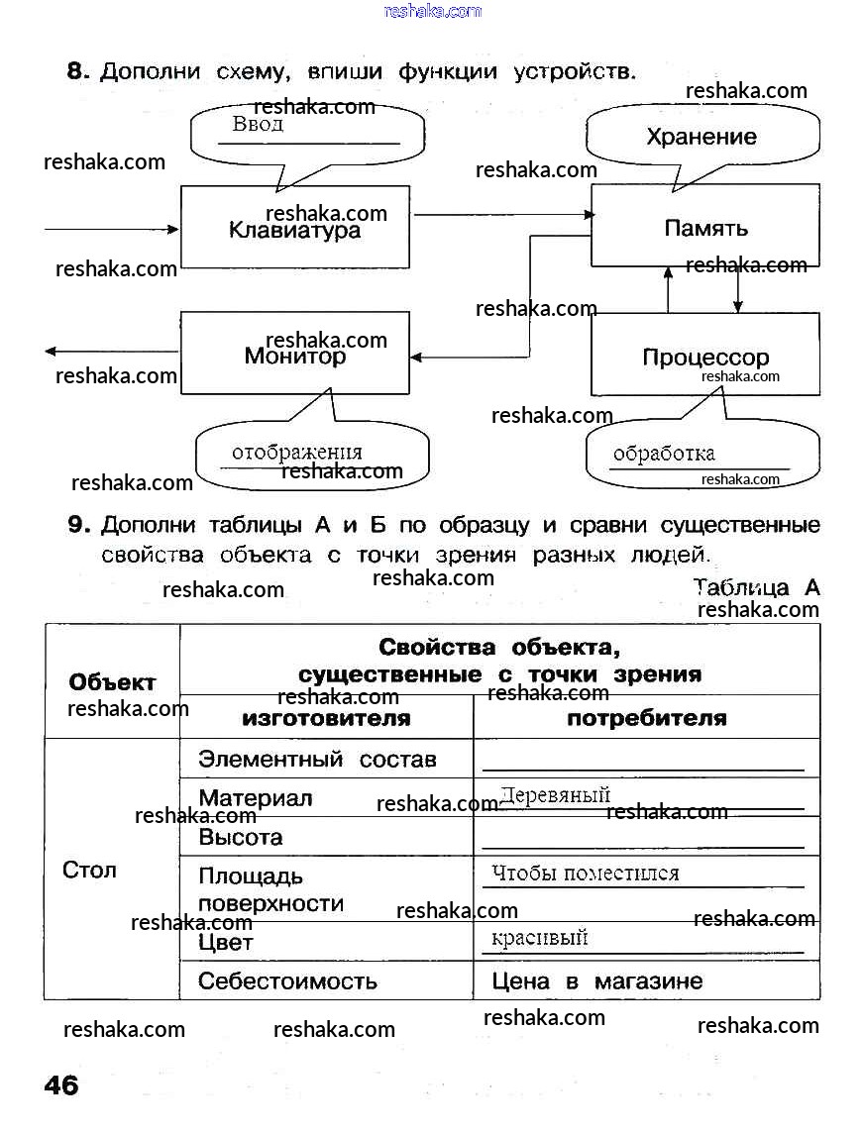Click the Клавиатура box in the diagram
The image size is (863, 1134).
(x=294, y=227)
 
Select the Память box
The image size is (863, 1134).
(x=705, y=227)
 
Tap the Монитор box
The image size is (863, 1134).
(x=294, y=355)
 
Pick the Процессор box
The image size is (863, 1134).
(x=705, y=355)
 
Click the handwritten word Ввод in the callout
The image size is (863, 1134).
(x=258, y=125)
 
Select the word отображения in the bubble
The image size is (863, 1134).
(x=297, y=453)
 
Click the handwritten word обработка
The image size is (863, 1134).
(x=664, y=455)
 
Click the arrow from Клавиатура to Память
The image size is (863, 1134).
(x=500, y=214)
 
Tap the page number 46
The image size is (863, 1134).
(x=61, y=1085)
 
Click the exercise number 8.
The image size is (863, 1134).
(x=77, y=71)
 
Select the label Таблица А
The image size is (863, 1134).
(x=757, y=587)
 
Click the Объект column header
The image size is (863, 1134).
(x=112, y=682)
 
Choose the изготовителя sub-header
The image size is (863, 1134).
(x=326, y=718)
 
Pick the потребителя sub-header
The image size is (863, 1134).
(x=646, y=718)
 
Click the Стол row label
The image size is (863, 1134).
(x=89, y=870)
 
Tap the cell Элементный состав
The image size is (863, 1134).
(x=317, y=760)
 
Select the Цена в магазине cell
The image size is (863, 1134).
(x=597, y=981)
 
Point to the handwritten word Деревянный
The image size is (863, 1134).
(x=555, y=795)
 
